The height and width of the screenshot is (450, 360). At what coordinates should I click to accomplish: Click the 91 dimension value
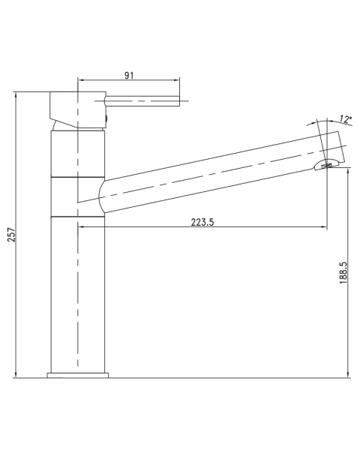(x=129, y=76)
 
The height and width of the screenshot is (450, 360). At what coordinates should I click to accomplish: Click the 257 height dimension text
(x=12, y=235)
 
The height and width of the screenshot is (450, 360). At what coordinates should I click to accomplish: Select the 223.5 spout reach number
(x=202, y=222)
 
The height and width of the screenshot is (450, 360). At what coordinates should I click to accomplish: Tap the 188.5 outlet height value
(x=343, y=273)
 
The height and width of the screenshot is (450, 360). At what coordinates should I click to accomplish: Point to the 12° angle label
(x=345, y=118)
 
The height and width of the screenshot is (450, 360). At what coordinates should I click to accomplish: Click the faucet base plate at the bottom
(x=78, y=375)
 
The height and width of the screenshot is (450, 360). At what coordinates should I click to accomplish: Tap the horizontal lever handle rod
(x=142, y=101)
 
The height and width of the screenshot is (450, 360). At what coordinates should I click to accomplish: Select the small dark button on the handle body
(x=106, y=118)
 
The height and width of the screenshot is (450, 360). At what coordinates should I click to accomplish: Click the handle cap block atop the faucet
(x=78, y=109)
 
